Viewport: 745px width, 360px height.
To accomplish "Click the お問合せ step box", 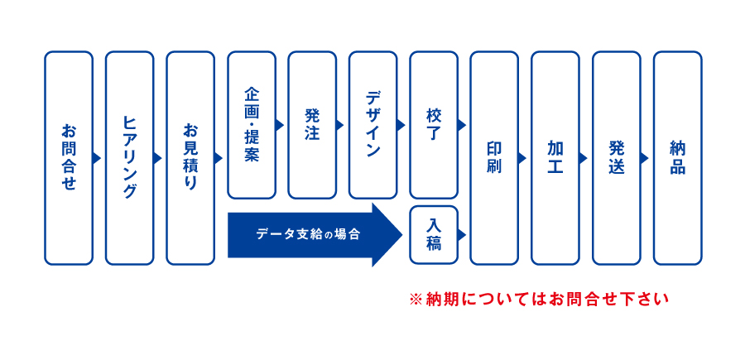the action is coord(69,158).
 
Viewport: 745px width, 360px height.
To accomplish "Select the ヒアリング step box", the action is coord(129,158).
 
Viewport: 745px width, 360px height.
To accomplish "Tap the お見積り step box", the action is coord(190,158).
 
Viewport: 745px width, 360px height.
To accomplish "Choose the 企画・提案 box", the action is coord(252,125).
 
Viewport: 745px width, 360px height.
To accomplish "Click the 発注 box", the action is coord(312,125).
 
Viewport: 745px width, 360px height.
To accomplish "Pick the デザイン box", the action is coord(373,125).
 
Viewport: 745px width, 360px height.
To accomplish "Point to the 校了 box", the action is coord(434,125).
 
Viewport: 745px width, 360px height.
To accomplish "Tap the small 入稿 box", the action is coord(434,234).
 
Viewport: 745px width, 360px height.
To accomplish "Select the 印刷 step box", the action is coord(494,158).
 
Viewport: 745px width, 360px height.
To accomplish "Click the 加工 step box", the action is coord(555,158).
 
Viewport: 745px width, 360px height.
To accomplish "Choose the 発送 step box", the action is coord(616,158).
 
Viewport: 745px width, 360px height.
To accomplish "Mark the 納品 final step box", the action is coord(677,158).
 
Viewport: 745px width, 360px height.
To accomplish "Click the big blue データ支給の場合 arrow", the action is coord(315,234).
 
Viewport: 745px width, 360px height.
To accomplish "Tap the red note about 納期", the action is coord(539,300).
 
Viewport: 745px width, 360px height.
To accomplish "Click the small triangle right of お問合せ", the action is coord(98,158).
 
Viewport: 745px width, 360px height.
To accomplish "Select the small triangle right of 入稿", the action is coord(462,234).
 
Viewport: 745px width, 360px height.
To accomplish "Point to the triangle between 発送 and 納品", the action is coord(645,158).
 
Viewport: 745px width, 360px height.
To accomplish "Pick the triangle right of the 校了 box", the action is coord(462,125).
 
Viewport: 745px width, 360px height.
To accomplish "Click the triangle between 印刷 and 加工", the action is coord(522,158).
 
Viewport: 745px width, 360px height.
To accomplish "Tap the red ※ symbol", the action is coord(416,300).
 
